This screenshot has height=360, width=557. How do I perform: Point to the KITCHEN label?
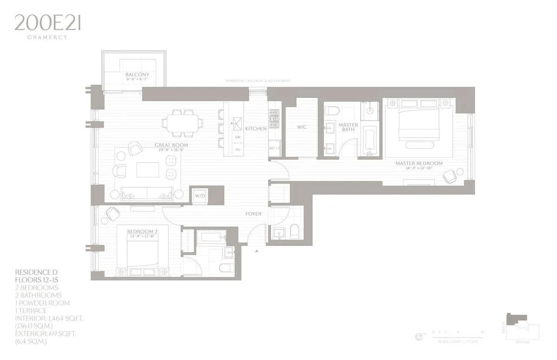[256, 129]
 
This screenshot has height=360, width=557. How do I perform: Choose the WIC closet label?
[302, 127]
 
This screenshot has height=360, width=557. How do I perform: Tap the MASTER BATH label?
[348, 127]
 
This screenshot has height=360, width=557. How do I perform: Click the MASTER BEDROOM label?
[419, 163]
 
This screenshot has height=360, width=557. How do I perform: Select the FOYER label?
[253, 214]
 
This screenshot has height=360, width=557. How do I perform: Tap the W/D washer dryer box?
[200, 195]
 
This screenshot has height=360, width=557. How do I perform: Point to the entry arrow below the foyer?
[257, 251]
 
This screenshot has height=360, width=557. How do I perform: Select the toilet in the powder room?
[294, 231]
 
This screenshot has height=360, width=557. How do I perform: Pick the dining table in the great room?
[182, 123]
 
